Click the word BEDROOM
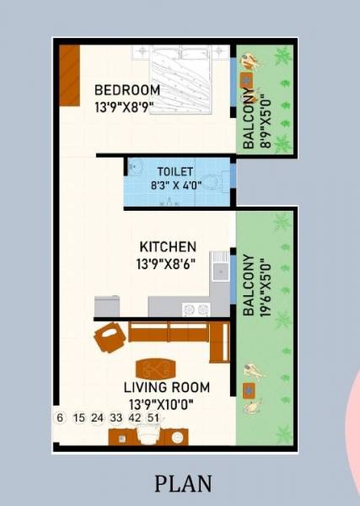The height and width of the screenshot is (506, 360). [x=127, y=90]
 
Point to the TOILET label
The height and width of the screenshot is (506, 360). [x=175, y=171]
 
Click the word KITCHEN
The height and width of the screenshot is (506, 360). [x=168, y=247]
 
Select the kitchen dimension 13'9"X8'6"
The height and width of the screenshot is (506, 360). [x=168, y=263]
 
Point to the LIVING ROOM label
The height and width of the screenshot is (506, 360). [x=167, y=387]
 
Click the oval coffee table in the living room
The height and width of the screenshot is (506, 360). [x=156, y=369]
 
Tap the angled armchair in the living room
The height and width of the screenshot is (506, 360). [x=110, y=337]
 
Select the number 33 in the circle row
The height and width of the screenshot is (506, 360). [x=116, y=417]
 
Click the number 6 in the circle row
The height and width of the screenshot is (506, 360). [x=60, y=417]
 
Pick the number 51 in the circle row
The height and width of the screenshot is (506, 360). [x=153, y=417]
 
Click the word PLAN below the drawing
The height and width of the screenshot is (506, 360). [x=183, y=483]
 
